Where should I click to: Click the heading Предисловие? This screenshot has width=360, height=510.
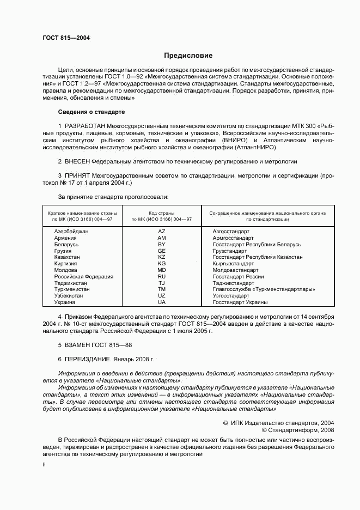coord(188,55)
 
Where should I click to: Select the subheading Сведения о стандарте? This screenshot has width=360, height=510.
coord(91,112)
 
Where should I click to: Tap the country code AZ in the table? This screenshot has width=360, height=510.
coord(162,232)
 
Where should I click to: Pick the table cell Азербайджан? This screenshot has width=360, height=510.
coord(71,232)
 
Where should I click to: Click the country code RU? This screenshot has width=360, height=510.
coord(162,276)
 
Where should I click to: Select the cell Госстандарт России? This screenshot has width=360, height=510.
coord(238,276)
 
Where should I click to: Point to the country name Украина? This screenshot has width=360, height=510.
coord(65,302)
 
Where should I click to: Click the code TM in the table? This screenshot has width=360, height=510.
coord(162,289)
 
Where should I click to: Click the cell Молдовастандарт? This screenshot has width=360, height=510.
coord(235,270)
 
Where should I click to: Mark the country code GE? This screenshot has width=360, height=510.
coord(162,251)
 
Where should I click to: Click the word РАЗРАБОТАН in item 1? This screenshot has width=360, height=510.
coord(84,126)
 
